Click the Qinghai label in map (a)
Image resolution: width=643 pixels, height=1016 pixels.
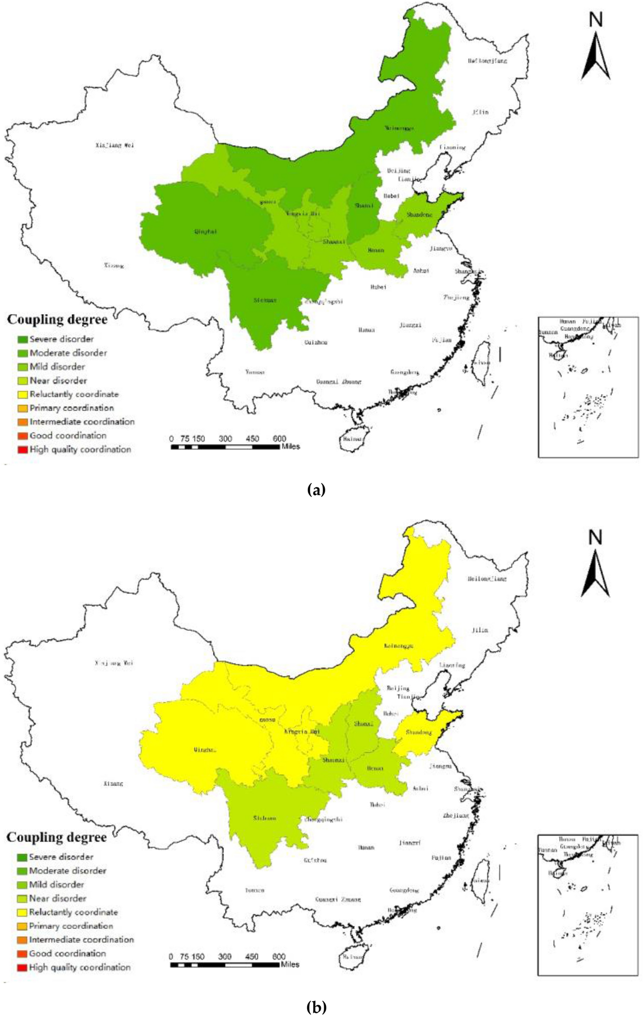coord(206,231)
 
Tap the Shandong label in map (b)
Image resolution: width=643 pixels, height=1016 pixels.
coord(419,732)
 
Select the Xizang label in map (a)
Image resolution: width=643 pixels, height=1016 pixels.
coord(114,265)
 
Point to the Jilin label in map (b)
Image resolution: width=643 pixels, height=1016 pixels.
coord(480,630)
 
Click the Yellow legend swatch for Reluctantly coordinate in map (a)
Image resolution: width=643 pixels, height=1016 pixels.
coord(23,394)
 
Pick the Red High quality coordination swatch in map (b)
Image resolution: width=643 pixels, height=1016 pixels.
coord(22,967)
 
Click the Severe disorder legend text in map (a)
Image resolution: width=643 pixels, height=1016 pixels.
coord(62,339)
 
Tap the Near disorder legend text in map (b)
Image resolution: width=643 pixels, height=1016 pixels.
coord(57,898)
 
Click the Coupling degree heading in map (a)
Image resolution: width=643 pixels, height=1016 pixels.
coord(57,320)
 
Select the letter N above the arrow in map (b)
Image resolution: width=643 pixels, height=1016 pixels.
coord(595,537)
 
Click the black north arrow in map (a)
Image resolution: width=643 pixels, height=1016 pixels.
coord(595,56)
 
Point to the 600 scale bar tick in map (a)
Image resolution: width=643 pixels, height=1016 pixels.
coord(279,439)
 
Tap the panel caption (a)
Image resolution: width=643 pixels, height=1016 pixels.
coord(316,490)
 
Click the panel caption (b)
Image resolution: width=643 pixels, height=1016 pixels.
coord(316,1006)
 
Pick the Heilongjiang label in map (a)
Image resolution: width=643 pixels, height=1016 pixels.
coord(487,61)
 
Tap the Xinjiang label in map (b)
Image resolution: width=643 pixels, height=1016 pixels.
coord(114,662)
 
